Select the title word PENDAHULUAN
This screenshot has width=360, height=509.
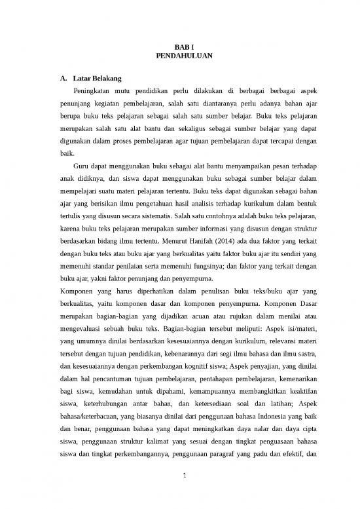click(179, 58)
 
